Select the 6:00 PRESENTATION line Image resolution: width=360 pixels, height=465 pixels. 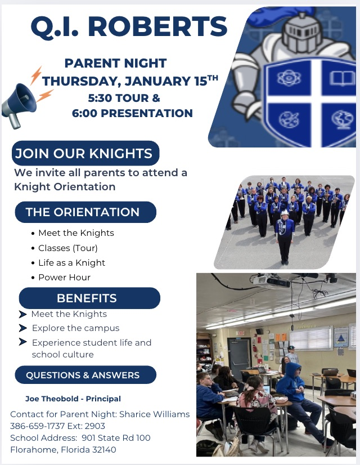tap(132, 113)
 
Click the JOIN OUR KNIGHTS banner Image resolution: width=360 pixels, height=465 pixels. tap(84, 154)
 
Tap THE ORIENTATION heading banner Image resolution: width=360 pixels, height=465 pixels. tap(83, 212)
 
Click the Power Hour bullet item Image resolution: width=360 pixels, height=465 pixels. tap(64, 277)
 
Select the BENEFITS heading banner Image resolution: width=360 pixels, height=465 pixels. tap(87, 298)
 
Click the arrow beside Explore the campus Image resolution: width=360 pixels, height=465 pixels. tap(22, 328)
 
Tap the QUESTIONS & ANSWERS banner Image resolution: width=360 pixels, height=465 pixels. tap(83, 375)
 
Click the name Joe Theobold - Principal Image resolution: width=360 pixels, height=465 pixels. tap(73, 399)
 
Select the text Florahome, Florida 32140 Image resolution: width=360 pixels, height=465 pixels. tap(63, 449)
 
